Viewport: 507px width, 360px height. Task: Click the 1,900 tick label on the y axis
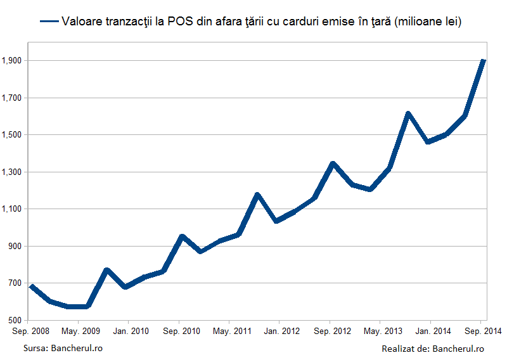[11, 60]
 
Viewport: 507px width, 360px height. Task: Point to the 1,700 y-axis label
[11, 98]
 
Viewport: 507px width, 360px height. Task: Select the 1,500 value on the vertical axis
[11, 135]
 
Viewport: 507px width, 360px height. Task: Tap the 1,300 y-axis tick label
[11, 172]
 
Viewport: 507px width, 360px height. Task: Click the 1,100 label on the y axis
[11, 209]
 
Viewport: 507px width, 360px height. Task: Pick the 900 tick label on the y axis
[14, 246]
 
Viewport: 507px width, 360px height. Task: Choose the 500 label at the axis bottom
[14, 320]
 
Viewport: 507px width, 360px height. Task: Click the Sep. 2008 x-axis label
[30, 331]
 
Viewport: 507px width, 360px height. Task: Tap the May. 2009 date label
[81, 331]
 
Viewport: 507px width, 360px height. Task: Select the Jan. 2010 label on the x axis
[131, 331]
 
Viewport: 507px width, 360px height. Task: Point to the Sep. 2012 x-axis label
[332, 331]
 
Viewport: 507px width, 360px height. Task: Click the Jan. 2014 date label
[433, 331]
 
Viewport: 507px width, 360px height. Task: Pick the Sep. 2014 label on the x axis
[483, 331]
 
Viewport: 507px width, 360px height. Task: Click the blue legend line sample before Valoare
[49, 22]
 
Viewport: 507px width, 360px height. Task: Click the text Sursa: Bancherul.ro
[63, 349]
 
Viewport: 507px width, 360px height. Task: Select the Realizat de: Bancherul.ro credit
[433, 349]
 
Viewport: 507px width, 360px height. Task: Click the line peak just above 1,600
[408, 113]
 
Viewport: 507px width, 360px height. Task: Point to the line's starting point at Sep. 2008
[32, 286]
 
